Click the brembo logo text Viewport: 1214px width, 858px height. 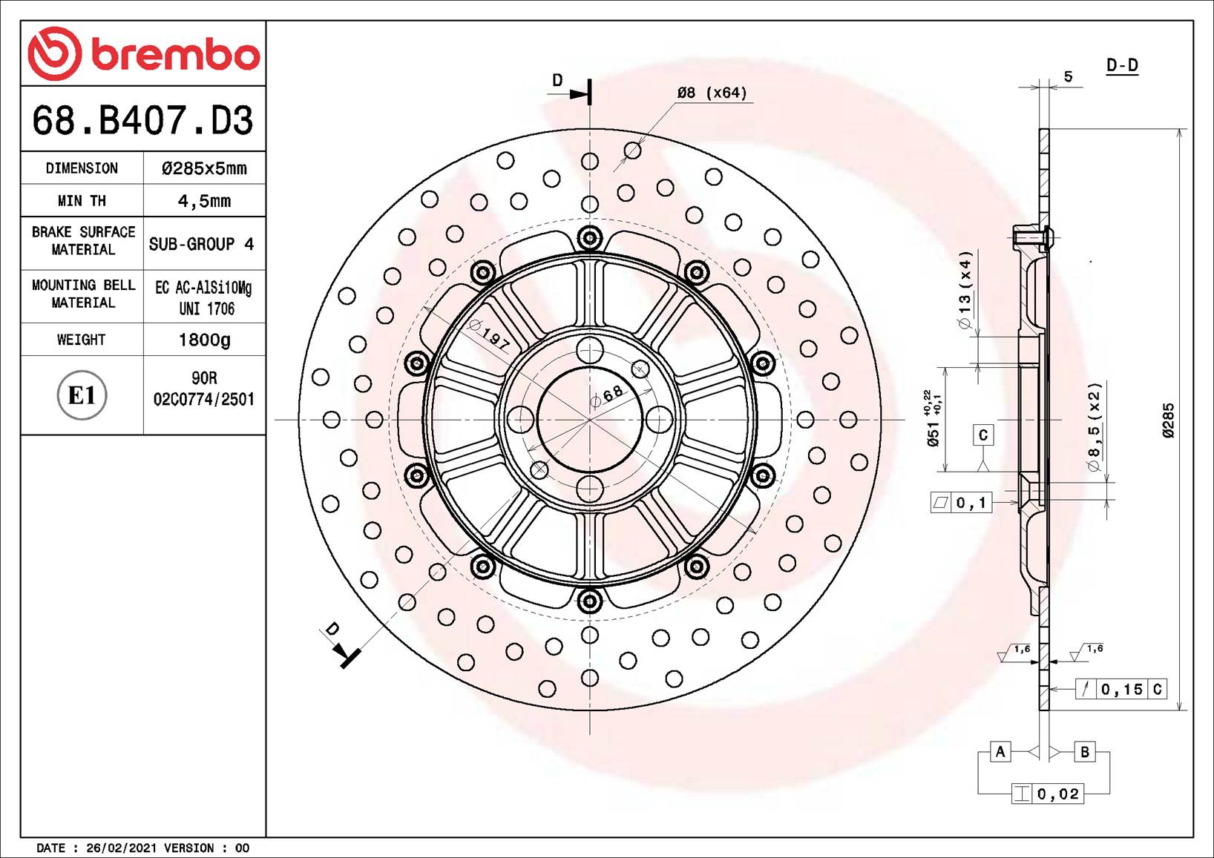[175, 55]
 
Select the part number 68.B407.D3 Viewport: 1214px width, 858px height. [142, 120]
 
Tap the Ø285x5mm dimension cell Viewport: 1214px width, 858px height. [204, 168]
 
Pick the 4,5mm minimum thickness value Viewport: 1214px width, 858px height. [204, 201]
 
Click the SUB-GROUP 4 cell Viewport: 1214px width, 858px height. [201, 244]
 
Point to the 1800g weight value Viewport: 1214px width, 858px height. [204, 340]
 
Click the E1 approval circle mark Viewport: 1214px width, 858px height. [82, 395]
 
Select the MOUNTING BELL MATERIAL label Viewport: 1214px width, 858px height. [83, 294]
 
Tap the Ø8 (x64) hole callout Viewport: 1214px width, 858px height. [712, 93]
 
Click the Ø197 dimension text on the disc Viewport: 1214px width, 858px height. [490, 334]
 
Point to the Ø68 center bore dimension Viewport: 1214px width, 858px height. [608, 396]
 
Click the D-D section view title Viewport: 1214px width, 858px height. [1121, 65]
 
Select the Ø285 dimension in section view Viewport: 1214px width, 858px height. [1168, 420]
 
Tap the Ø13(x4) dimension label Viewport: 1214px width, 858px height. [964, 290]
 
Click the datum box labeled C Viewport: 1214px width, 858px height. [983, 435]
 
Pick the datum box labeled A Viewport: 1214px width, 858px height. [1000, 752]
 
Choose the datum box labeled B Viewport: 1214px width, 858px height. [1084, 752]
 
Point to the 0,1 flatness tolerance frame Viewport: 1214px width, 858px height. [961, 503]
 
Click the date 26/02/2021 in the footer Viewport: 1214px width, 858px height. [121, 848]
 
